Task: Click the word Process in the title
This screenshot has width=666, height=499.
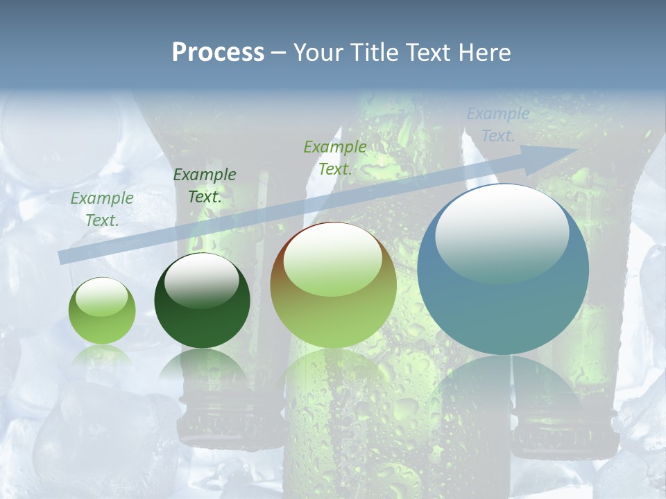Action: [x=218, y=53]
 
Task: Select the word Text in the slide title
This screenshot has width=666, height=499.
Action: [x=429, y=53]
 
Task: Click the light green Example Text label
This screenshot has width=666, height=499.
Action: [x=102, y=209]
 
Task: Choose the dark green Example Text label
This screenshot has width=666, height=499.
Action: [x=205, y=186]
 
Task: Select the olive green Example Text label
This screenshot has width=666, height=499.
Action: [x=335, y=157]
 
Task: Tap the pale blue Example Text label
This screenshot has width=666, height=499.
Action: [x=498, y=125]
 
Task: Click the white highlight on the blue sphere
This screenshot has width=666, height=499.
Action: [x=502, y=232]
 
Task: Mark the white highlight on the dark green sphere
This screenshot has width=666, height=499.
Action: [x=201, y=279]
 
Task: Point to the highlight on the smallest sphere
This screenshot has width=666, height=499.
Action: [x=101, y=297]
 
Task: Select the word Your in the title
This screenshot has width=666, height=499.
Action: [x=317, y=53]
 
